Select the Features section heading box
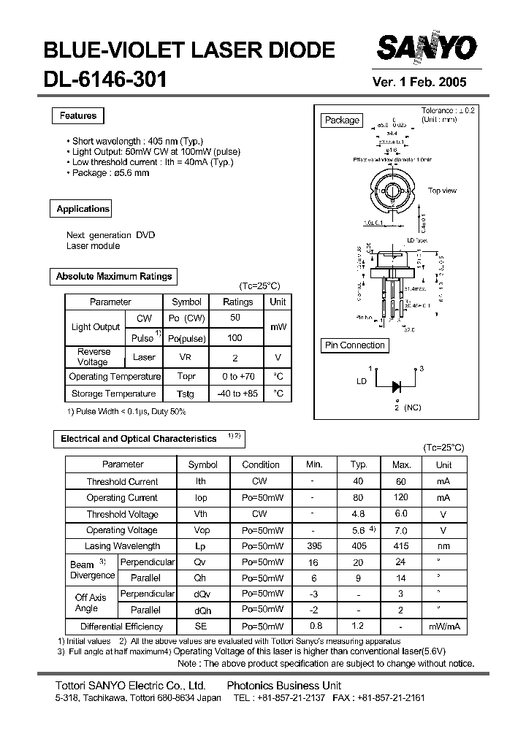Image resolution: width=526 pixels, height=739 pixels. [78, 116]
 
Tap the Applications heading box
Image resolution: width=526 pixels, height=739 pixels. [83, 209]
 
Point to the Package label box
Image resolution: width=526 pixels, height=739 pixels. [342, 120]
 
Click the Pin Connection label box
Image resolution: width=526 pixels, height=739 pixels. [354, 345]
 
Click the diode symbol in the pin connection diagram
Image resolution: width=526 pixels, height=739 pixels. [397, 386]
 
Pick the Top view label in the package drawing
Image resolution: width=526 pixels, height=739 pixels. [442, 191]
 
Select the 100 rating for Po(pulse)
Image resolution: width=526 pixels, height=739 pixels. [235, 338]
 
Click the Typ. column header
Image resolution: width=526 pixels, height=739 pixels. [359, 464]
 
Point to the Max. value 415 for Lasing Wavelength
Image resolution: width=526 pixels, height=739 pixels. [401, 546]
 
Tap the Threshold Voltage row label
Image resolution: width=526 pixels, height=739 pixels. [122, 514]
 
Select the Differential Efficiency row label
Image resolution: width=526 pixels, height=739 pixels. [122, 627]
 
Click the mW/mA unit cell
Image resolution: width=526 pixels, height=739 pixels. [443, 627]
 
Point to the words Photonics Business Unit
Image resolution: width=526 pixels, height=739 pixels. [284, 686]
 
